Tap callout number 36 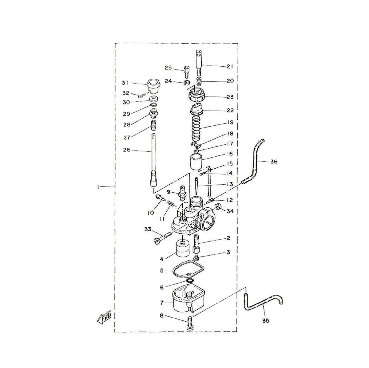[x=274, y=162]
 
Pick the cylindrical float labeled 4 [x=182, y=249]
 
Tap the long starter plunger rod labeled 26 [x=154, y=160]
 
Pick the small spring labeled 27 [x=153, y=125]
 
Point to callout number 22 [x=230, y=110]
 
